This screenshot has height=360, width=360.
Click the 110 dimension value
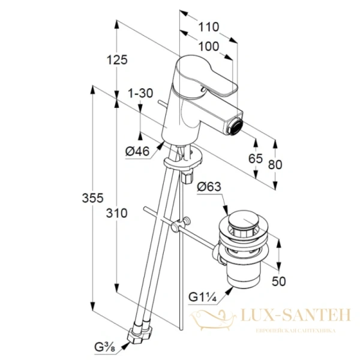pyautogui.click(x=208, y=27)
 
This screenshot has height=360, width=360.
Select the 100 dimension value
pyautogui.click(x=208, y=47)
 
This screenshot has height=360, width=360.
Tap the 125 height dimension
pyautogui.click(x=117, y=60)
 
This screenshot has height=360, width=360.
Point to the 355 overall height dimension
pyautogui.click(x=93, y=198)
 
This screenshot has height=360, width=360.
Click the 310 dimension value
pyautogui.click(x=116, y=213)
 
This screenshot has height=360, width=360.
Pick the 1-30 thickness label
pyautogui.click(x=140, y=94)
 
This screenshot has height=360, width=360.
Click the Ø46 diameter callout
pyautogui.click(x=137, y=151)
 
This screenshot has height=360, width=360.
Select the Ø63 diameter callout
pyautogui.click(x=209, y=187)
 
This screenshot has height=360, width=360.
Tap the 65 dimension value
pyautogui.click(x=256, y=158)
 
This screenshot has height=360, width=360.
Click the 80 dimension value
pyautogui.click(x=275, y=164)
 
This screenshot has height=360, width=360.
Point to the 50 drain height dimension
pyautogui.click(x=279, y=281)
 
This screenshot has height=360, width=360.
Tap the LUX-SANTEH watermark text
pyautogui.click(x=296, y=315)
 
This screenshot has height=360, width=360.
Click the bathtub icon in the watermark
pyautogui.click(x=213, y=320)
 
